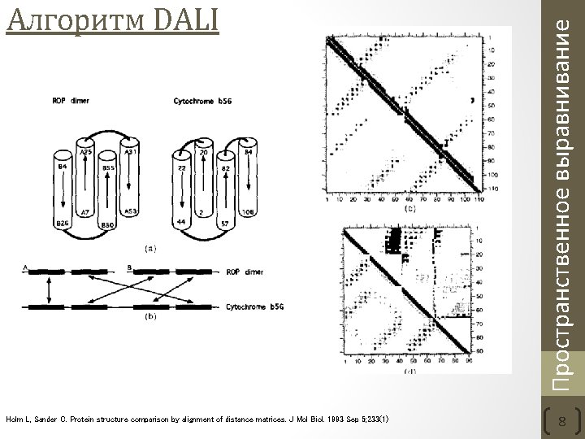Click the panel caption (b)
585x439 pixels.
click(x=149, y=318)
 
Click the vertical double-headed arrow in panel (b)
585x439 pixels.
click(x=50, y=288)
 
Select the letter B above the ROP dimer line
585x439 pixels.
click(x=130, y=266)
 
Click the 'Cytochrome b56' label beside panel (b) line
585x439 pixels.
click(x=255, y=306)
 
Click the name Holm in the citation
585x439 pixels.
click(x=15, y=419)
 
